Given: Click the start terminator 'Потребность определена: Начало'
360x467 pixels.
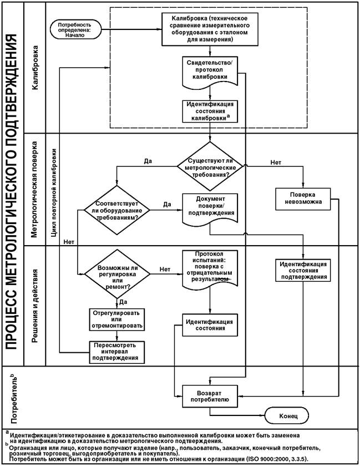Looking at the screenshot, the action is click(x=75, y=29).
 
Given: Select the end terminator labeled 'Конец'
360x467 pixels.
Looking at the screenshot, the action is click(x=286, y=415).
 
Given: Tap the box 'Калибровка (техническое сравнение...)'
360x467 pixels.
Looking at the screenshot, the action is click(x=210, y=29).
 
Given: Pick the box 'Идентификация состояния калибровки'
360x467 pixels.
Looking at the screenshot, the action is click(x=210, y=111).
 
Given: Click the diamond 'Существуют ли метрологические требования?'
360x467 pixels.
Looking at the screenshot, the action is click(x=210, y=166).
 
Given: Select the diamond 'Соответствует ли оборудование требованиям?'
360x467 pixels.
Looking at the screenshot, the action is click(x=116, y=210).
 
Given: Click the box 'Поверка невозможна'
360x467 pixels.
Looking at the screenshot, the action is click(x=303, y=199).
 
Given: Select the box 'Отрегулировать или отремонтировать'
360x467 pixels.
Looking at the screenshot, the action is click(x=117, y=319).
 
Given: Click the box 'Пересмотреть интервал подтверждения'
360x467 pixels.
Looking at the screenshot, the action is click(x=117, y=352).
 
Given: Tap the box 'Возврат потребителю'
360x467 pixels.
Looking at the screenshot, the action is click(x=210, y=396).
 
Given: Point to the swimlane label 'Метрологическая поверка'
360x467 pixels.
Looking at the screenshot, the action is click(x=34, y=190).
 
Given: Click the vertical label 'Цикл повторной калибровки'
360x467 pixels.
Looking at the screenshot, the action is click(x=54, y=192).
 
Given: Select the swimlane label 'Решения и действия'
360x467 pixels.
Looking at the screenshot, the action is click(x=35, y=306).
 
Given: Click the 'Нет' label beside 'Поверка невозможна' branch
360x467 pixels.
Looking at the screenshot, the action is click(x=276, y=163).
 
